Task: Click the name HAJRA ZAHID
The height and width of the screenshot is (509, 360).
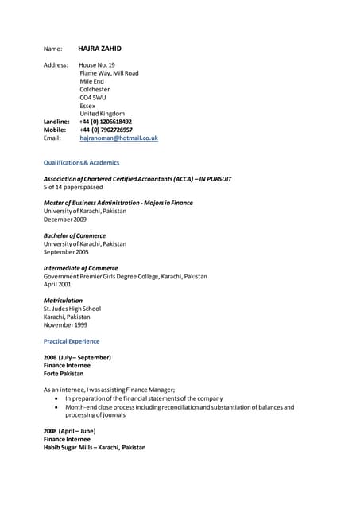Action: click(x=99, y=49)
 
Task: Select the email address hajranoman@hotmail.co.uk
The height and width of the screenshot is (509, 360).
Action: click(x=118, y=138)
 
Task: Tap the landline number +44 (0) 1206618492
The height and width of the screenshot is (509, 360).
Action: click(x=106, y=122)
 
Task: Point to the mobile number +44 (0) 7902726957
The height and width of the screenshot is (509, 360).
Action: click(x=106, y=130)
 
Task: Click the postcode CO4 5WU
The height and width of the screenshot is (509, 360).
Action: click(x=93, y=97)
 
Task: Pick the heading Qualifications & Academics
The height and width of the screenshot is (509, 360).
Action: click(x=81, y=162)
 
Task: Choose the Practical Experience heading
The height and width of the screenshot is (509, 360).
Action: click(x=72, y=341)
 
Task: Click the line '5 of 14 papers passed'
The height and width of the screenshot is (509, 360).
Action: click(x=73, y=188)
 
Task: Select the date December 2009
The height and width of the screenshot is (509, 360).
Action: click(x=65, y=219)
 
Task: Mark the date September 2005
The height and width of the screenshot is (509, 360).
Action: click(x=66, y=251)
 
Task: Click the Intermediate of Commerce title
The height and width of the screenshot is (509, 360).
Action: click(x=80, y=268)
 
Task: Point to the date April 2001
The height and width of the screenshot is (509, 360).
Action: click(x=57, y=284)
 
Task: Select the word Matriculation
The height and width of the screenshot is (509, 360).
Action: click(x=63, y=301)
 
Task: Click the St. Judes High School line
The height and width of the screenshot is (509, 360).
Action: click(x=72, y=309)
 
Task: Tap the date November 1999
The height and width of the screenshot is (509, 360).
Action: click(x=66, y=324)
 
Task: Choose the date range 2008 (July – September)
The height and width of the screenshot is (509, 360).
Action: click(x=77, y=357)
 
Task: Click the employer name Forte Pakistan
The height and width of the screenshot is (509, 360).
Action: click(x=64, y=373)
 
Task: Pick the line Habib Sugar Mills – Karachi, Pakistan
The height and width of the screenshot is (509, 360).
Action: click(x=95, y=447)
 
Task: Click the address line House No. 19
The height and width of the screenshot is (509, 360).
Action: click(x=98, y=64)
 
